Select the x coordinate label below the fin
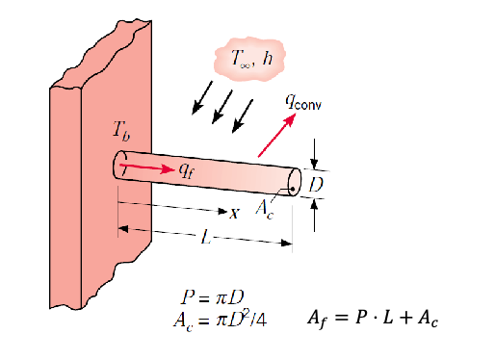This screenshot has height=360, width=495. pos(234,213)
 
